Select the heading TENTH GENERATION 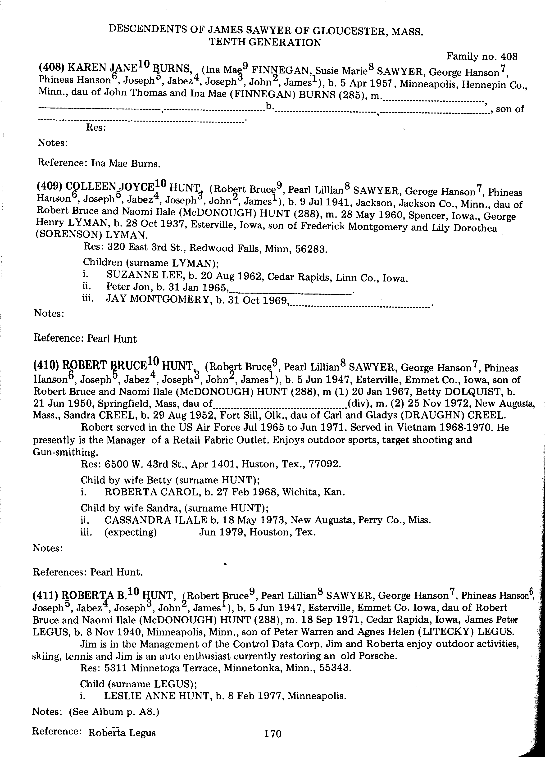265,42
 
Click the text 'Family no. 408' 482,57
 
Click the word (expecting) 131,532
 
